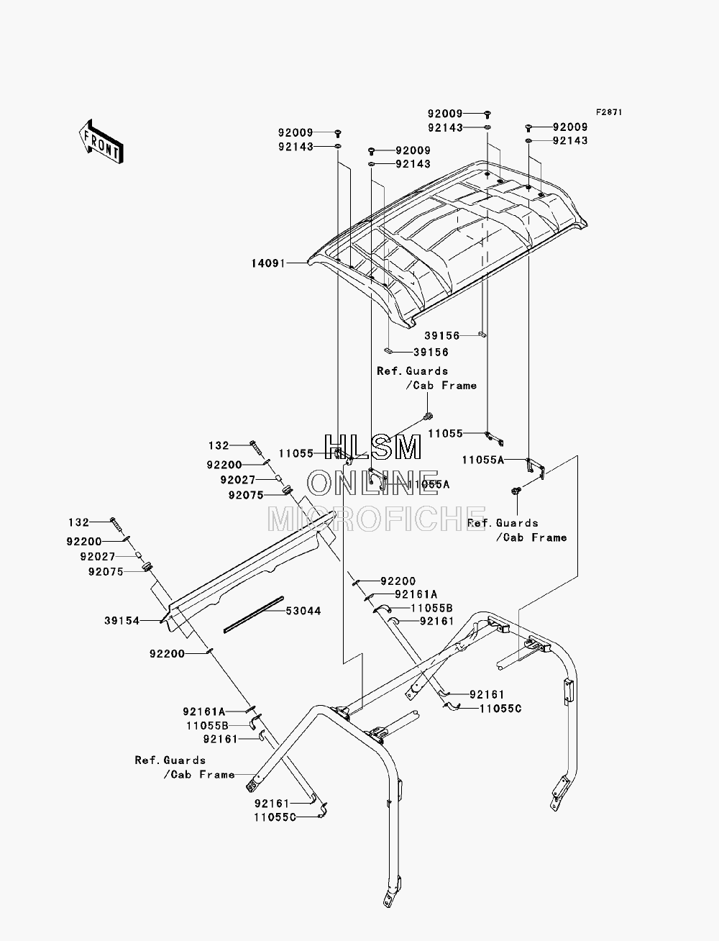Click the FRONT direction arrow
click(101, 142)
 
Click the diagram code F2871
click(609, 112)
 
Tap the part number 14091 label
click(268, 263)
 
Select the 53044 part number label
click(303, 611)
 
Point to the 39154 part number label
click(122, 621)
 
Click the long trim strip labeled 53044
click(254, 614)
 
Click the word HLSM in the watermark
click(372, 448)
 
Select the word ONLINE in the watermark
click(373, 483)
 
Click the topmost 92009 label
click(445, 114)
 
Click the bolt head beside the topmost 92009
click(487, 114)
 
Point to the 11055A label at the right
click(483, 460)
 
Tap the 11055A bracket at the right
click(535, 468)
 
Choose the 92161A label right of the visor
click(416, 594)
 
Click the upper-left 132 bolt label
click(219, 446)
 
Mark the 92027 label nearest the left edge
click(98, 556)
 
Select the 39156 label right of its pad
click(431, 352)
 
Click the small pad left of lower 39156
click(388, 350)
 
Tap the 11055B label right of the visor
click(431, 609)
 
